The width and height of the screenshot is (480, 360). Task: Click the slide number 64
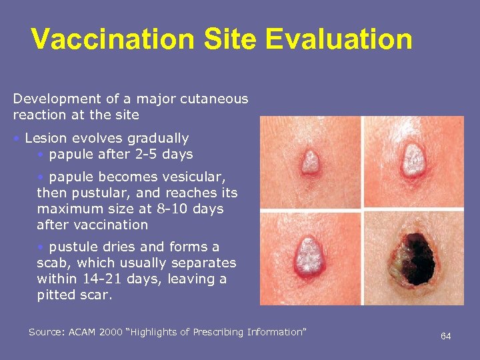445,336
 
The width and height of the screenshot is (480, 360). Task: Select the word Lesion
45,139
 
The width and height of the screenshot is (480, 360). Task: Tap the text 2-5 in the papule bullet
135,155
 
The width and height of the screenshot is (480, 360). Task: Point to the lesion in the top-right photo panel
413,161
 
